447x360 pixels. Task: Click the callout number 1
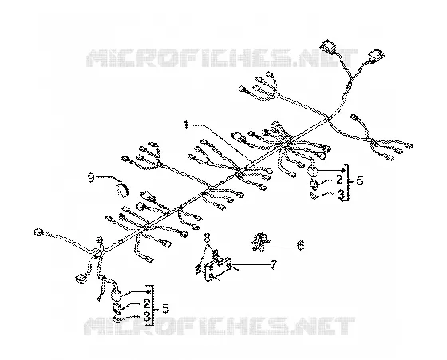click(186, 125)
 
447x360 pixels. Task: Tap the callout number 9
click(91, 178)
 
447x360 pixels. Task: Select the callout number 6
click(300, 245)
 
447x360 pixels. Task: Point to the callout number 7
click(273, 265)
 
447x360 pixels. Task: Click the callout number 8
click(208, 236)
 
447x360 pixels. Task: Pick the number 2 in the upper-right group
click(339, 180)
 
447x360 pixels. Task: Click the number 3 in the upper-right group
click(341, 195)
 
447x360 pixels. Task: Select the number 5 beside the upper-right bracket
click(359, 180)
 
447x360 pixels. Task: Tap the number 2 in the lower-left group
click(147, 303)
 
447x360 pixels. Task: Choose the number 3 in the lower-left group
click(147, 316)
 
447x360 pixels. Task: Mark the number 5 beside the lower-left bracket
click(165, 308)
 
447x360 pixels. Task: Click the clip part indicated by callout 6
click(260, 242)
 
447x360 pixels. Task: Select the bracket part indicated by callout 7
click(217, 267)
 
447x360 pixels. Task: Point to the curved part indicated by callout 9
click(123, 189)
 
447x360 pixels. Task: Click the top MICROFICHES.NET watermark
click(222, 58)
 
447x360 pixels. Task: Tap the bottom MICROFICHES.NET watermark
click(220, 326)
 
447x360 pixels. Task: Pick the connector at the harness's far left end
click(38, 231)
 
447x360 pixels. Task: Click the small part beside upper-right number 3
click(314, 196)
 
